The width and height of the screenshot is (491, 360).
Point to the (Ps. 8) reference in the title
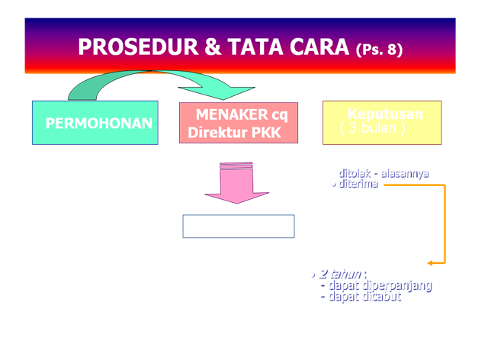[380, 50]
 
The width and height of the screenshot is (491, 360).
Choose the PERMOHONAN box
[95, 123]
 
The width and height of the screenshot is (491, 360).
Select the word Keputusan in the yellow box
[385, 114]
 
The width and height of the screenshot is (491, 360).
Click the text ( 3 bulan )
[373, 127]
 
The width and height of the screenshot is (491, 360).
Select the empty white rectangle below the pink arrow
[238, 226]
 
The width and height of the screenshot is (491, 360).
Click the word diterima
[358, 184]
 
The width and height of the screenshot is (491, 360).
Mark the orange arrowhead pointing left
[432, 263]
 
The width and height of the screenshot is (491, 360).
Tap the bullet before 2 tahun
[313, 273]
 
